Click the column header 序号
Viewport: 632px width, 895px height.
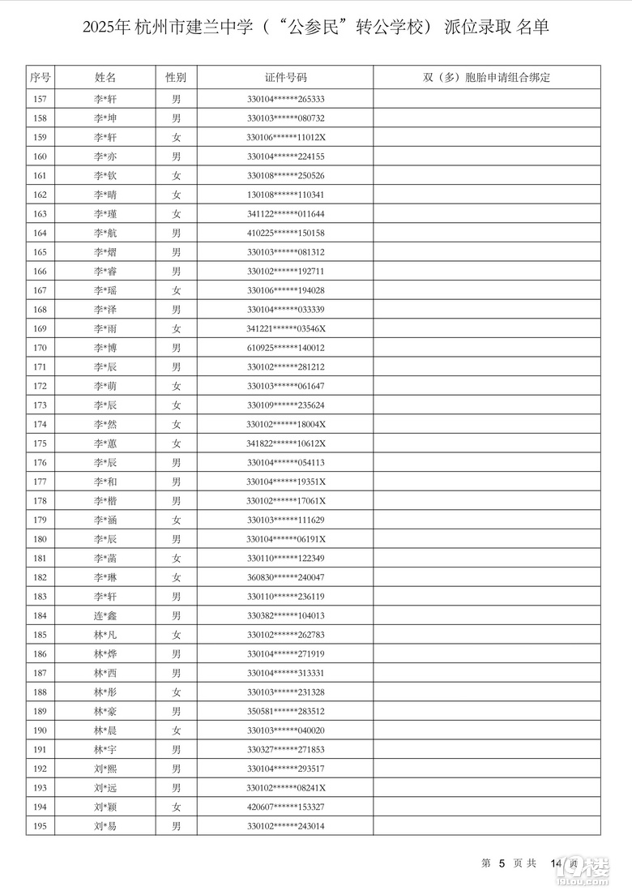[x=41, y=78]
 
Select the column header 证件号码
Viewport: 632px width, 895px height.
[x=286, y=78]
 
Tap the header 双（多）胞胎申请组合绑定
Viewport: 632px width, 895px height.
[x=486, y=78]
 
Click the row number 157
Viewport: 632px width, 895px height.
[x=41, y=99]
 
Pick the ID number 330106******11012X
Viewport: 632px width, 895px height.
[x=286, y=137]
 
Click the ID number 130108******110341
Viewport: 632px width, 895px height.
[x=286, y=195]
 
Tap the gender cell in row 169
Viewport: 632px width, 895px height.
[x=176, y=328]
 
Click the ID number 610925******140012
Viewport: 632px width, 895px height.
[x=286, y=348]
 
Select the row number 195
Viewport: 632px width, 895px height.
[x=41, y=826]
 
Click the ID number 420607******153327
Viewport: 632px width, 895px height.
[x=286, y=807]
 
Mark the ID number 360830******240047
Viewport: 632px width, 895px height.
[x=286, y=577]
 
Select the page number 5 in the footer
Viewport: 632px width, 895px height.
[x=502, y=864]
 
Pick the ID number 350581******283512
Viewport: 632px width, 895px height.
[x=286, y=711]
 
